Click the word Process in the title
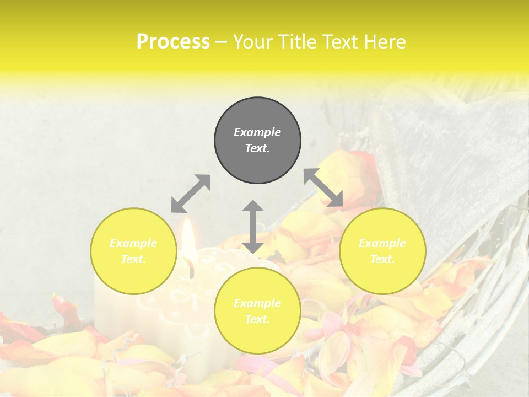click(173, 42)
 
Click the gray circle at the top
click(257, 140)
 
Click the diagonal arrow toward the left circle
click(191, 194)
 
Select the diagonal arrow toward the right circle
click(323, 187)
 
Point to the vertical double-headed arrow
click(253, 227)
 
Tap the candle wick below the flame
click(192, 270)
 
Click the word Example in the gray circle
click(257, 132)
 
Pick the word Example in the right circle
click(382, 243)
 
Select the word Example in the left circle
click(133, 243)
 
